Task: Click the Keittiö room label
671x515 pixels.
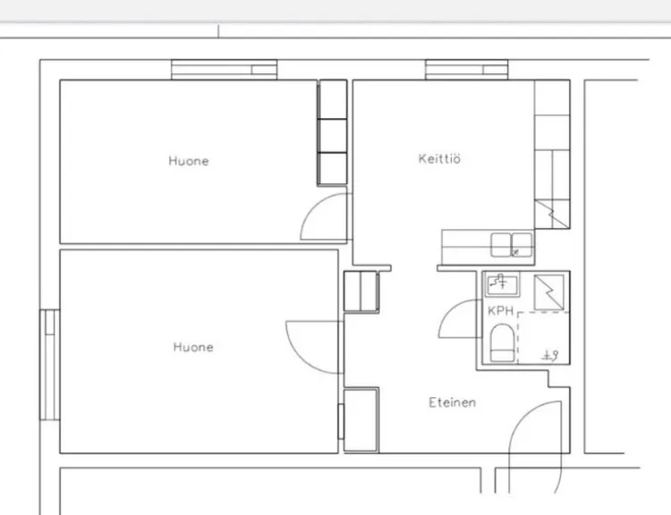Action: point(439,158)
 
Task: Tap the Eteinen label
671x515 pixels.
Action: point(453,402)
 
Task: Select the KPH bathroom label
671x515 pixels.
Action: point(500,310)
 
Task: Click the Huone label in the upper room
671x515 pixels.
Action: point(189,161)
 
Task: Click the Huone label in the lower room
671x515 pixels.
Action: point(193,347)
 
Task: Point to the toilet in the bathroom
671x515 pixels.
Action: point(502,342)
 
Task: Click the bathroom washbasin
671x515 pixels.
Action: point(502,283)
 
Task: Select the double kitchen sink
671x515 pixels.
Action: point(512,245)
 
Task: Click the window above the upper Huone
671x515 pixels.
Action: point(224,70)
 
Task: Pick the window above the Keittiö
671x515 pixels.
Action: point(466,70)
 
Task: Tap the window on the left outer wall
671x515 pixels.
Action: point(49,365)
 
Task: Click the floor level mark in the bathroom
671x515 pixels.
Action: point(550,356)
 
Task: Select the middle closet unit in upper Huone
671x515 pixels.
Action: point(333,136)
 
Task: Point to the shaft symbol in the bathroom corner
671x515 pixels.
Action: point(549,292)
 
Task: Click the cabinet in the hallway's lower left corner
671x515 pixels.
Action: point(361,419)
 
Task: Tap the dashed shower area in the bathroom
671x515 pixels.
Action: point(543,338)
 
